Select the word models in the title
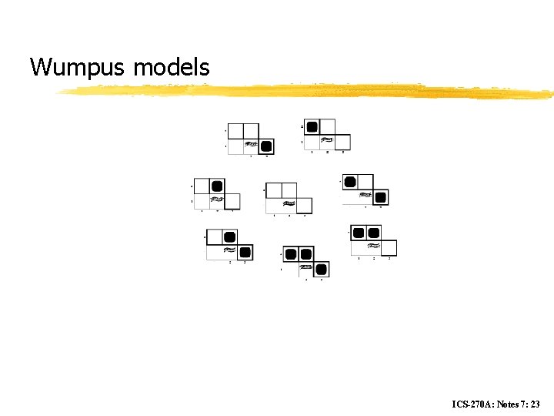[171, 68]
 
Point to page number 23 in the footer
[535, 404]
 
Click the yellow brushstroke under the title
[308, 92]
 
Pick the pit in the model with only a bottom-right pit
[266, 146]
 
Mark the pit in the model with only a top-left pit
[312, 127]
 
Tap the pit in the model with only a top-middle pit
[217, 186]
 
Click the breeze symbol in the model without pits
[289, 204]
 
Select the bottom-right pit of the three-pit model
[321, 269]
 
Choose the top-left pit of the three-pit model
[291, 254]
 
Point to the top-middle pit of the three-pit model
[305, 254]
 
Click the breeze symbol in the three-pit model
[306, 267]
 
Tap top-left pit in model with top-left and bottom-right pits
[350, 183]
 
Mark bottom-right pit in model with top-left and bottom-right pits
[380, 197]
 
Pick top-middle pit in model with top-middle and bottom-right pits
[229, 237]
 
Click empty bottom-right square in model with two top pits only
[389, 247]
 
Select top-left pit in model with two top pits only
[359, 233]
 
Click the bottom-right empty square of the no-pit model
[304, 206]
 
